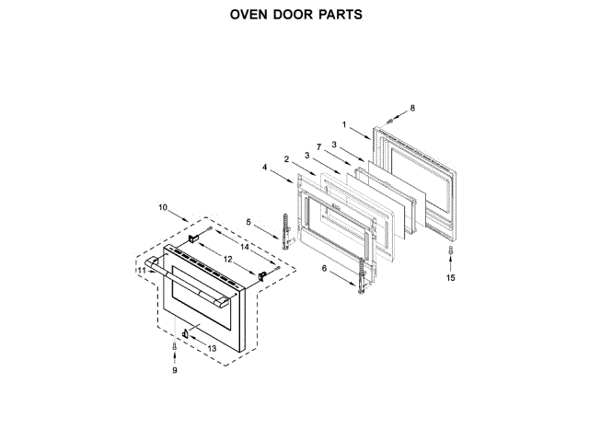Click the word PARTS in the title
pyautogui.click(x=338, y=16)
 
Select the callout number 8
pyautogui.click(x=412, y=109)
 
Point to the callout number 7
pyautogui.click(x=318, y=147)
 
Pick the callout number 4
pyautogui.click(x=264, y=168)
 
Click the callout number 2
pyautogui.click(x=287, y=159)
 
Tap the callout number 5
pyautogui.click(x=248, y=221)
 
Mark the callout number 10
pyautogui.click(x=162, y=208)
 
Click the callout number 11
pyautogui.click(x=142, y=271)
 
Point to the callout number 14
pyautogui.click(x=245, y=248)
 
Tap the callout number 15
pyautogui.click(x=450, y=277)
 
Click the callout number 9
pyautogui.click(x=173, y=370)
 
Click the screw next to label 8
pyautogui.click(x=392, y=120)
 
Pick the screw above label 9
pyautogui.click(x=173, y=345)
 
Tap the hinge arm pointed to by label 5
pyautogui.click(x=286, y=230)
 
